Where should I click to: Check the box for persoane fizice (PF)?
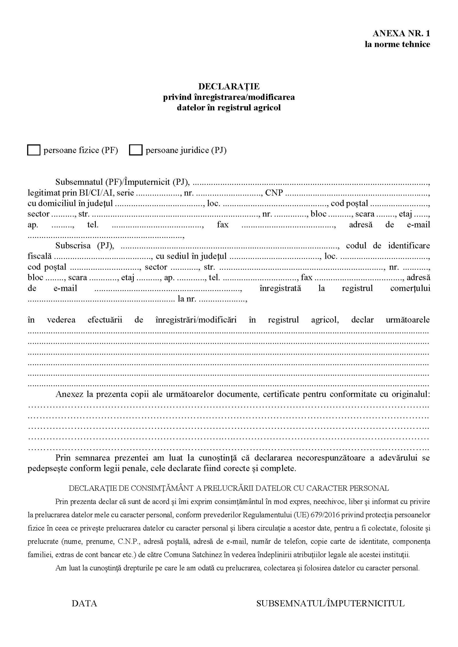[34, 150]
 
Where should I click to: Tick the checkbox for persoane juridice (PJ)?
[136, 150]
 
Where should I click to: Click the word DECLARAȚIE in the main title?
[229, 86]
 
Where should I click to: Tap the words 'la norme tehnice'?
[397, 44]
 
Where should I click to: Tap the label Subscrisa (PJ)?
[84, 245]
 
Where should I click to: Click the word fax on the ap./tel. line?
[223, 225]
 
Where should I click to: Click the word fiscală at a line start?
[40, 256]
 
